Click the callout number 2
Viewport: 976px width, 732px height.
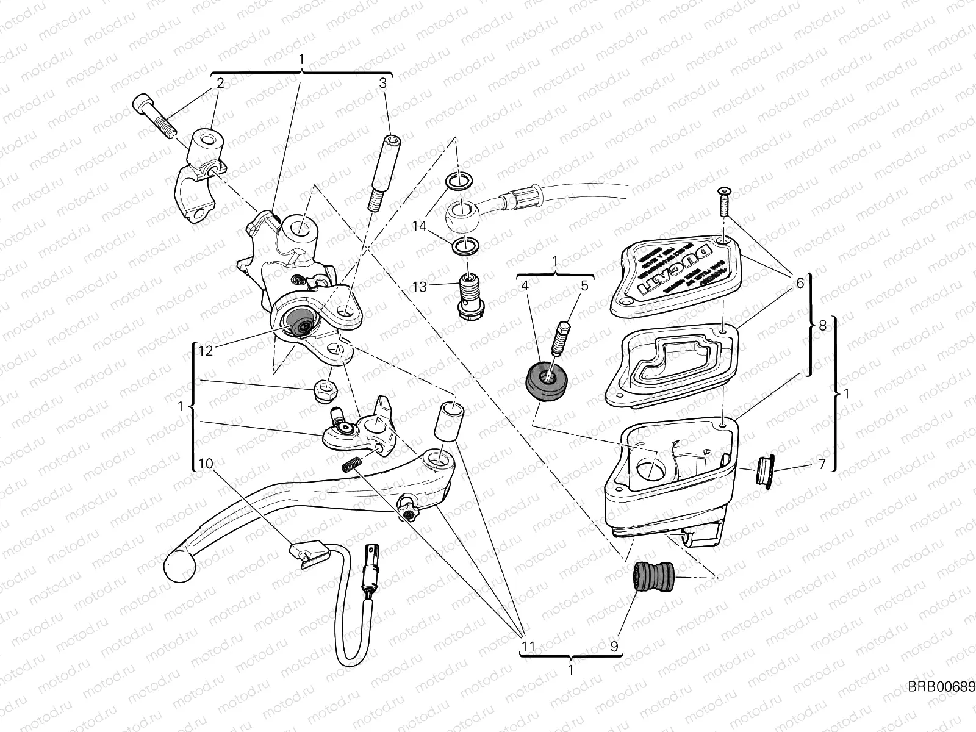click(220, 83)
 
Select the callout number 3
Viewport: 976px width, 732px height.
click(382, 83)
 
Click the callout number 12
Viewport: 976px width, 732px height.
click(206, 350)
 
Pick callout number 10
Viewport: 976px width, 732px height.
click(206, 464)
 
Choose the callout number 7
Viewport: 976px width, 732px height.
click(822, 465)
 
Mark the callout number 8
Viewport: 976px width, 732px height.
click(822, 325)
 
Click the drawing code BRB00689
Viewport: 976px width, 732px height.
click(941, 687)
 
